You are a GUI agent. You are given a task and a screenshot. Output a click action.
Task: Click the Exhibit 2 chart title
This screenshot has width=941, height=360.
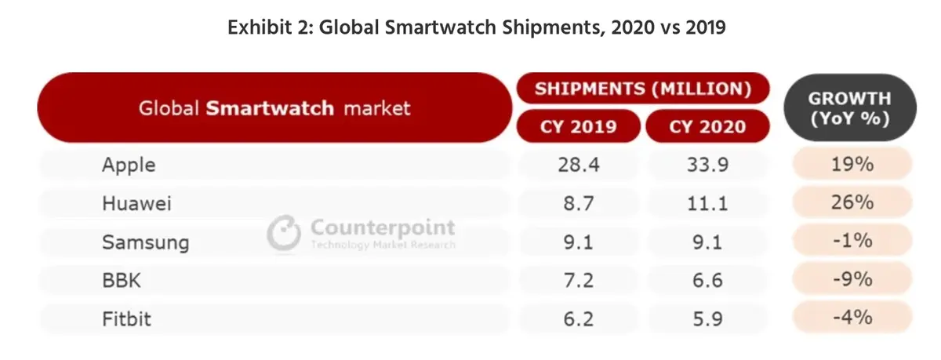click(476, 28)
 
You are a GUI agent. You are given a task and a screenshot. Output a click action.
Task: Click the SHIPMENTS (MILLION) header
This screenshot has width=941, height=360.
click(642, 89)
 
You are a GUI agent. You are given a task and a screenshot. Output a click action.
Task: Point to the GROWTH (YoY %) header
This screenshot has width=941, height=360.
click(849, 109)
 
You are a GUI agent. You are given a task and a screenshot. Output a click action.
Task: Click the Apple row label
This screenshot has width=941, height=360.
click(129, 165)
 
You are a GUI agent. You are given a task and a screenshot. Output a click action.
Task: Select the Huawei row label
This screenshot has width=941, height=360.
click(136, 204)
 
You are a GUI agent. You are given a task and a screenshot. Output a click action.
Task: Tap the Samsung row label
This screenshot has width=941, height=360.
click(145, 242)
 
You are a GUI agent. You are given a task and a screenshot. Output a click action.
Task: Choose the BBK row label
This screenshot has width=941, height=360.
click(122, 280)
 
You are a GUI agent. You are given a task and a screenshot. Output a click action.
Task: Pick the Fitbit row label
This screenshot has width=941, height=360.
click(127, 318)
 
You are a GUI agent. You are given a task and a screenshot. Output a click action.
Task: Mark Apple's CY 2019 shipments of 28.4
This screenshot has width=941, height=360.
click(578, 165)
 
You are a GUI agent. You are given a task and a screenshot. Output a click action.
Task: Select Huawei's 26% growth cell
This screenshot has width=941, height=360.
click(852, 202)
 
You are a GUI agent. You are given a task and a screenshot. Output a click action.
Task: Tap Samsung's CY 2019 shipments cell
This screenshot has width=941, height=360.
click(578, 242)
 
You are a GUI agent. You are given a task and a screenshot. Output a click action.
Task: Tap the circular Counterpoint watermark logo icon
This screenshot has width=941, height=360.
click(284, 234)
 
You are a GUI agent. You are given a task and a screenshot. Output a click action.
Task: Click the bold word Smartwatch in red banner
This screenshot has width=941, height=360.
click(271, 108)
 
